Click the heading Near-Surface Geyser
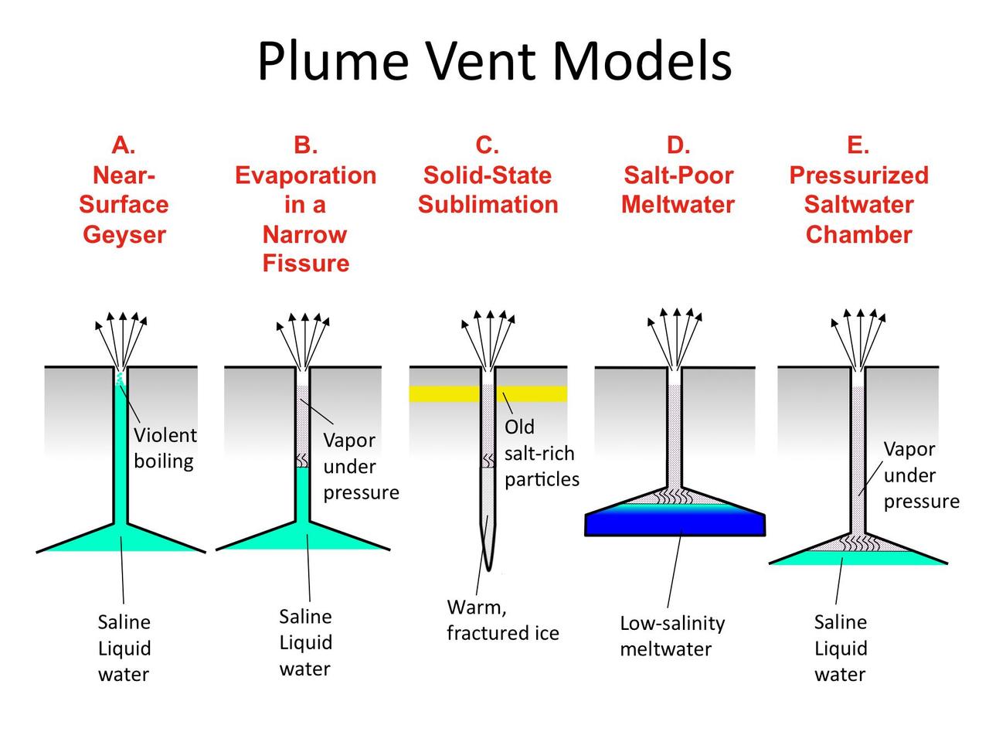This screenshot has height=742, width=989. (124, 190)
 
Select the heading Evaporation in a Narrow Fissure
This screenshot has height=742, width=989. (305, 205)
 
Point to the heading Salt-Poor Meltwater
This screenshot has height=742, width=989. (678, 190)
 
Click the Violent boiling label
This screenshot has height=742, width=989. (165, 448)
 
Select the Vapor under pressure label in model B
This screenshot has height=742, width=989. (360, 466)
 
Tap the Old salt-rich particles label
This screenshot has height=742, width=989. (541, 453)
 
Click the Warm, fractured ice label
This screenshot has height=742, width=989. (502, 621)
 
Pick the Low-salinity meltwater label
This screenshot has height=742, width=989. (672, 636)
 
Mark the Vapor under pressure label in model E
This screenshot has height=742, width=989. (920, 475)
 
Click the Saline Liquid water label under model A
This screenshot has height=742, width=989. (124, 648)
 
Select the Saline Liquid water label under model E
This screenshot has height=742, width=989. (841, 648)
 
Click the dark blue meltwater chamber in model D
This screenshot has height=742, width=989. (675, 522)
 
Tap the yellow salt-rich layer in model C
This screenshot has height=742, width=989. (533, 394)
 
